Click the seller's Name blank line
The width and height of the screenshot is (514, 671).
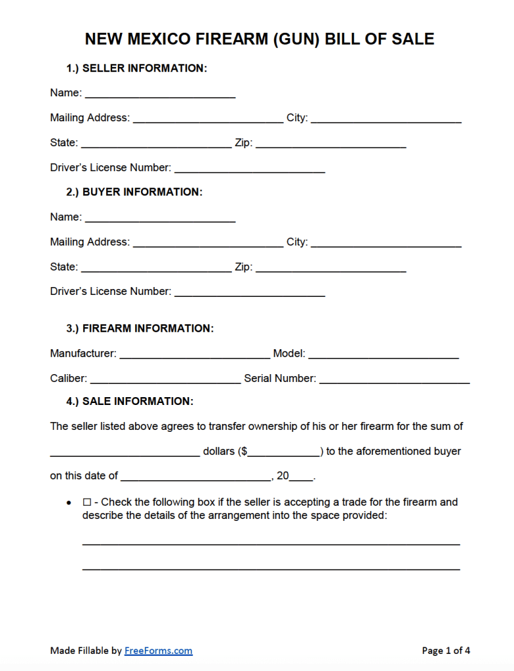(160, 94)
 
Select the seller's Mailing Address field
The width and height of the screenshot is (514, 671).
(208, 119)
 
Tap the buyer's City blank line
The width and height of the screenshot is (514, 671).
(386, 242)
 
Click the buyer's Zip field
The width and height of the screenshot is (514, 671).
(330, 267)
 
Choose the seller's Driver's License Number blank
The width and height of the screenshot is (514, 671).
(250, 168)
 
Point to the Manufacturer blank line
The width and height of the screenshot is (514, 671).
(195, 354)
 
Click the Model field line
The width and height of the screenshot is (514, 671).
(384, 354)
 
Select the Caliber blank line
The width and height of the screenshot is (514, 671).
(165, 379)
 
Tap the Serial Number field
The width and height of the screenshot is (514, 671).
(394, 379)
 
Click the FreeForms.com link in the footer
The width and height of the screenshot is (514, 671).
(159, 651)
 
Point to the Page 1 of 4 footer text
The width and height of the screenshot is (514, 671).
(446, 651)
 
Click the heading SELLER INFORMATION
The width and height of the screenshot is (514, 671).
(144, 68)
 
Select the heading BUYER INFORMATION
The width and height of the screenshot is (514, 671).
(142, 192)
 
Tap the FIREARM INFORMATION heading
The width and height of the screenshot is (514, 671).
(148, 329)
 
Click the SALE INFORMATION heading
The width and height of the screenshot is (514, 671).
(138, 401)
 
